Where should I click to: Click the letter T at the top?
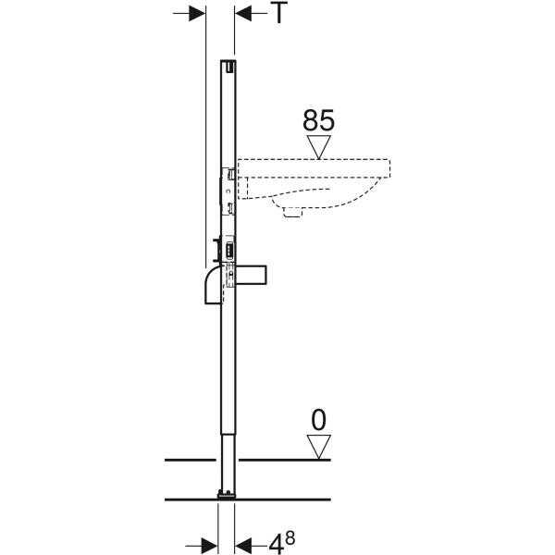coord(280,12)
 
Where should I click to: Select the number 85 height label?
coord(318,120)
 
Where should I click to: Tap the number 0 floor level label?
coord(318,420)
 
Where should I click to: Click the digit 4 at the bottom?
coord(276,544)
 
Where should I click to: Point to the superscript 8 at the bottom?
coord(290,538)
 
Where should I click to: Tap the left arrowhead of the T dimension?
coord(197,14)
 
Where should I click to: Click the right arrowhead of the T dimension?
coord(243,14)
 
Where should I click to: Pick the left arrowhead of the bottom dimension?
coord(209,546)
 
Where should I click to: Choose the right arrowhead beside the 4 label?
coord(243,546)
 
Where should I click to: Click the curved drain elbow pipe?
coord(214,285)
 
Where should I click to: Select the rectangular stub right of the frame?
coord(252,275)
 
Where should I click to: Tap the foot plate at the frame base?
coord(227,495)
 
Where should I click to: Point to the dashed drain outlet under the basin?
coord(292,212)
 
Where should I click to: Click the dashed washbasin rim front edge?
coord(390,168)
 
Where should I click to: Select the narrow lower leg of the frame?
coord(228,462)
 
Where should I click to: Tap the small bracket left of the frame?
coord(216,251)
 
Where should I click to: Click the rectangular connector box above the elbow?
coord(229,251)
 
